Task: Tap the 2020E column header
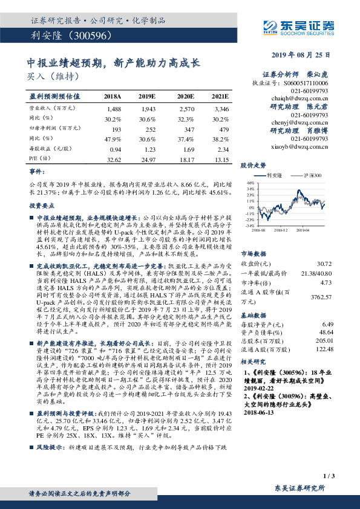click(185, 96)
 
